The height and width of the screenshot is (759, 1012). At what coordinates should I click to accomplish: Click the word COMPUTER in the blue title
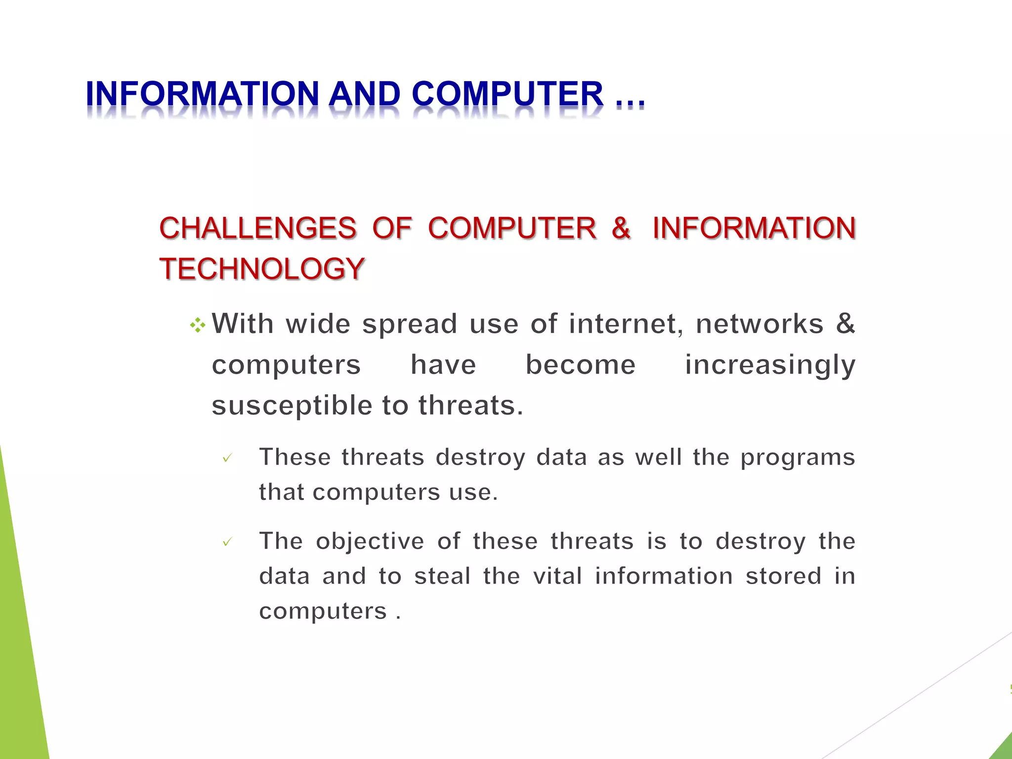click(x=507, y=94)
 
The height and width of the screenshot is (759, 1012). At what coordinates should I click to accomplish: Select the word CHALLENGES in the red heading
click(x=257, y=228)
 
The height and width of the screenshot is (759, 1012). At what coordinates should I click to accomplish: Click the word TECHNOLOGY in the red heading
click(x=262, y=269)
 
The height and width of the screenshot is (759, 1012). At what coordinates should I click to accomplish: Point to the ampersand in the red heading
click(x=621, y=228)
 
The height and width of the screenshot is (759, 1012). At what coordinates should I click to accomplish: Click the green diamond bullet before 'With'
click(x=197, y=325)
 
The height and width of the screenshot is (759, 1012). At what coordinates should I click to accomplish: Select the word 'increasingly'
click(x=770, y=366)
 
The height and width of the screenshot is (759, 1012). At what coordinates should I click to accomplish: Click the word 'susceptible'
click(x=292, y=406)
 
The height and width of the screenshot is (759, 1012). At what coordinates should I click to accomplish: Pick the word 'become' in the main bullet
click(x=580, y=365)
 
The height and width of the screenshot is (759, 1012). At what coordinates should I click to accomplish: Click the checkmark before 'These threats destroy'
click(x=227, y=459)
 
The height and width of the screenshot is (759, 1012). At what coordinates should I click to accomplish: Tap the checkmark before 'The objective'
click(x=227, y=543)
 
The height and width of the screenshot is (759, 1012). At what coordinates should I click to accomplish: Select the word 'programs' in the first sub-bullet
click(x=798, y=458)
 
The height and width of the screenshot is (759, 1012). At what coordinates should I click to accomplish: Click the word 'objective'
click(x=370, y=542)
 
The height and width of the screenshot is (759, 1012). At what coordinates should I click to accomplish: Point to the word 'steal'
click(x=442, y=576)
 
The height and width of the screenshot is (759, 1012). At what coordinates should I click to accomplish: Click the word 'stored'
click(x=783, y=576)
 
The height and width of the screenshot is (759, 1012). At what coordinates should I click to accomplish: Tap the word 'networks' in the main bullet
click(x=759, y=324)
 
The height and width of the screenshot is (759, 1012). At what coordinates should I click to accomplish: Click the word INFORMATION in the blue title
click(x=203, y=94)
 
